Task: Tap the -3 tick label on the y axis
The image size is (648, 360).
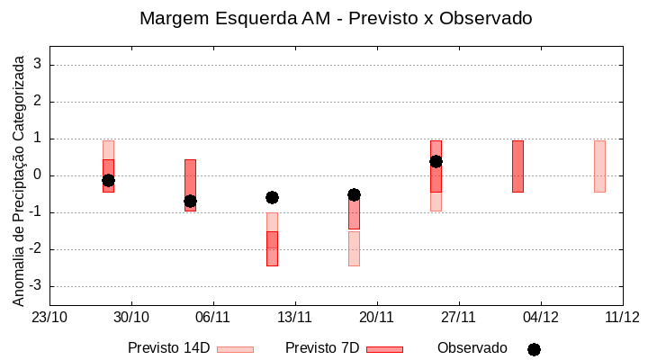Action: (x=36, y=286)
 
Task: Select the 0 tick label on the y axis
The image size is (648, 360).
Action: (x=39, y=175)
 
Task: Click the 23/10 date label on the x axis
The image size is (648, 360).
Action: (x=49, y=317)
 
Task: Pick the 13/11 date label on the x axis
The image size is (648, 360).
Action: (x=294, y=317)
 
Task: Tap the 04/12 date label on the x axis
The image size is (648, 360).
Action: (x=540, y=317)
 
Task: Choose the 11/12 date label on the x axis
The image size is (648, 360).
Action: (x=622, y=317)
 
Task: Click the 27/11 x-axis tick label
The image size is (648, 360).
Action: (x=458, y=317)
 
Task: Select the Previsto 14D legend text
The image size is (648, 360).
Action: (x=168, y=348)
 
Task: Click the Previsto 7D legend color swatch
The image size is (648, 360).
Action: (x=384, y=349)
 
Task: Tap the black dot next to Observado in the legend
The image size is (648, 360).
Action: (x=534, y=349)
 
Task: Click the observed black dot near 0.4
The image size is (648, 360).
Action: (x=436, y=161)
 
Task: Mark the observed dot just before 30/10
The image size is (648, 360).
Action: (x=108, y=180)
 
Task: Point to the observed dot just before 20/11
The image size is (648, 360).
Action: (x=354, y=194)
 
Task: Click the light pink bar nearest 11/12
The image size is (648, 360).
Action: (x=599, y=166)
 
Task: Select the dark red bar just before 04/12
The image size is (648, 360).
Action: (x=517, y=166)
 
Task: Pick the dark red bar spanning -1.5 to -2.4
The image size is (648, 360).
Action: (x=272, y=248)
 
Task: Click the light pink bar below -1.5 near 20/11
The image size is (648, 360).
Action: (x=354, y=248)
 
